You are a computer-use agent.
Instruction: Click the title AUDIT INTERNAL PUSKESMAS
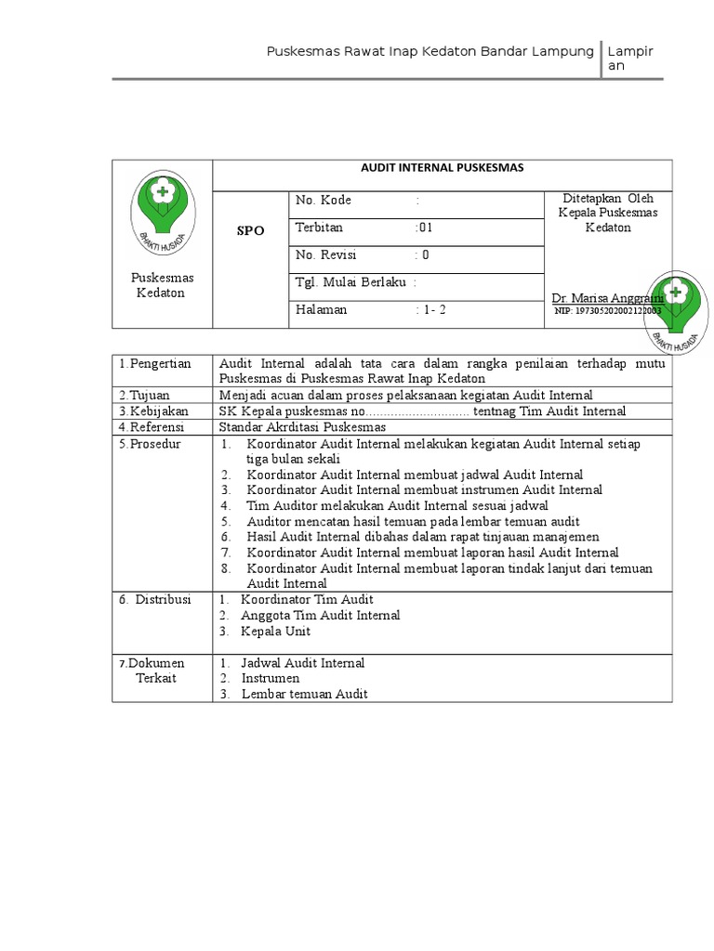point(443,168)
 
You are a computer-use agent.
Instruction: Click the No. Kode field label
point(324,201)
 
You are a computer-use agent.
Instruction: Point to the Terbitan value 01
point(424,228)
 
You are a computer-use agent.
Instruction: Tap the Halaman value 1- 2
point(430,310)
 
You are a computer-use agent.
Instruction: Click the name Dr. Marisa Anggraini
point(606,298)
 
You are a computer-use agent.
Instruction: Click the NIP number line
point(608,312)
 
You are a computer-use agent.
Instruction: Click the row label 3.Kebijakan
point(152,410)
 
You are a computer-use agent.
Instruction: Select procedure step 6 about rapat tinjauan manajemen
point(422,537)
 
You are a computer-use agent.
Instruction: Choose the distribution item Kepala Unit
point(275,632)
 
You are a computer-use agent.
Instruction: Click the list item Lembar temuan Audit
point(304,694)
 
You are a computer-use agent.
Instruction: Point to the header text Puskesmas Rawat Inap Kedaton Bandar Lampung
point(430,52)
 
